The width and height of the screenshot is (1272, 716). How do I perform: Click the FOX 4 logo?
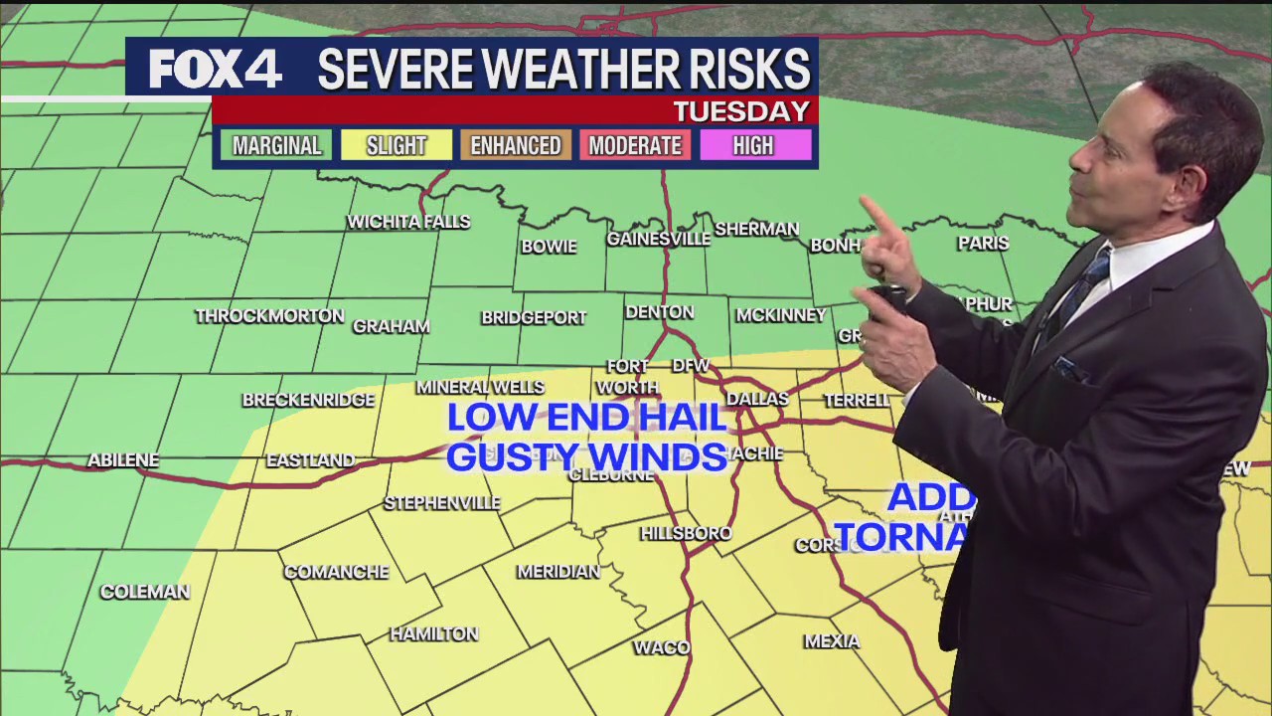pos(215,69)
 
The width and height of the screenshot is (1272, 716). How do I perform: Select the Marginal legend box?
pos(276,146)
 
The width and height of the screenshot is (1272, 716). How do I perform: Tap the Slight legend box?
pos(396,146)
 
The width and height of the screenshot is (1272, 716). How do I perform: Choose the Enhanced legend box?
pos(515,146)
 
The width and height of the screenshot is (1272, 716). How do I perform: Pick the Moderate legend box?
pos(635,146)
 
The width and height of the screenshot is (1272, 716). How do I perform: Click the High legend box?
pos(753,146)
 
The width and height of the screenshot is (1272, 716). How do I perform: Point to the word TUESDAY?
pos(741,111)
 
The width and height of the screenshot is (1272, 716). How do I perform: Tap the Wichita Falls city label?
pos(408,222)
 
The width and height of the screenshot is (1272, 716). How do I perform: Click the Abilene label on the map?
pos(123,460)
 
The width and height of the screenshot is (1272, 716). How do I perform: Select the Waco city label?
pos(662,648)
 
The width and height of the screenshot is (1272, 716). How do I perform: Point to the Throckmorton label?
pos(269,316)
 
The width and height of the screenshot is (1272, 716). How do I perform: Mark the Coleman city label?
pos(145,592)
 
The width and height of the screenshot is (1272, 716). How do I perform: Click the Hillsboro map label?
pos(686,534)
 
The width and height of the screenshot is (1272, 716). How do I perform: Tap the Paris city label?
pos(983,243)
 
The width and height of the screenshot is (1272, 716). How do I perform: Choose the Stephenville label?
pos(442,503)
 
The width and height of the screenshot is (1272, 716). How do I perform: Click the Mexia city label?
pos(832,641)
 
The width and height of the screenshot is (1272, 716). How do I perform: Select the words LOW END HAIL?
pos(586,418)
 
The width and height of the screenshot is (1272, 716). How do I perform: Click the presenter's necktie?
pos(1078,288)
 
